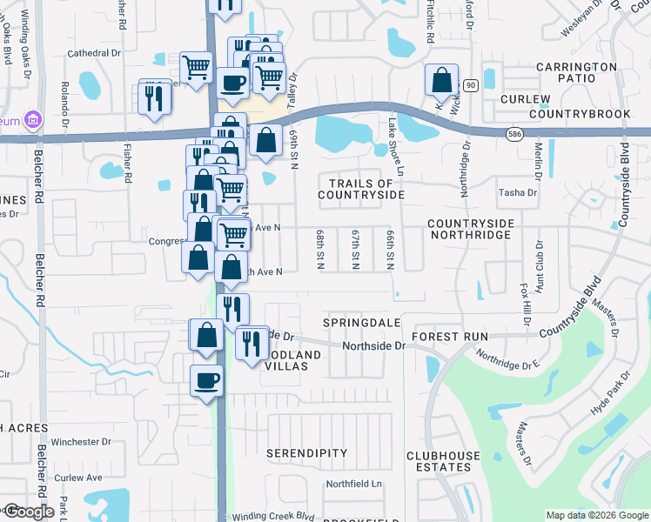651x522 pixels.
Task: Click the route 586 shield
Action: pyautogui.click(x=514, y=133)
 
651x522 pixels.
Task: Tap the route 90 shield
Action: pyautogui.click(x=471, y=84)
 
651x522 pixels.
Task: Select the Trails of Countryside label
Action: pyautogui.click(x=360, y=189)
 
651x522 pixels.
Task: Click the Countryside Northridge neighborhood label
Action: pyautogui.click(x=483, y=230)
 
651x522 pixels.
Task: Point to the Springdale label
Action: pyautogui.click(x=362, y=322)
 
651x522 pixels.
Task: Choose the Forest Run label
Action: pyautogui.click(x=446, y=336)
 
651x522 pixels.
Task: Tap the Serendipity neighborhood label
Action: pyautogui.click(x=306, y=453)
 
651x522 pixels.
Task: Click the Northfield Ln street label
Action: pyautogui.click(x=353, y=484)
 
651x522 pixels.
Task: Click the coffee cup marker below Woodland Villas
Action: pyautogui.click(x=206, y=380)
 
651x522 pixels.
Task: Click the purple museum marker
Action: pyautogui.click(x=34, y=118)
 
